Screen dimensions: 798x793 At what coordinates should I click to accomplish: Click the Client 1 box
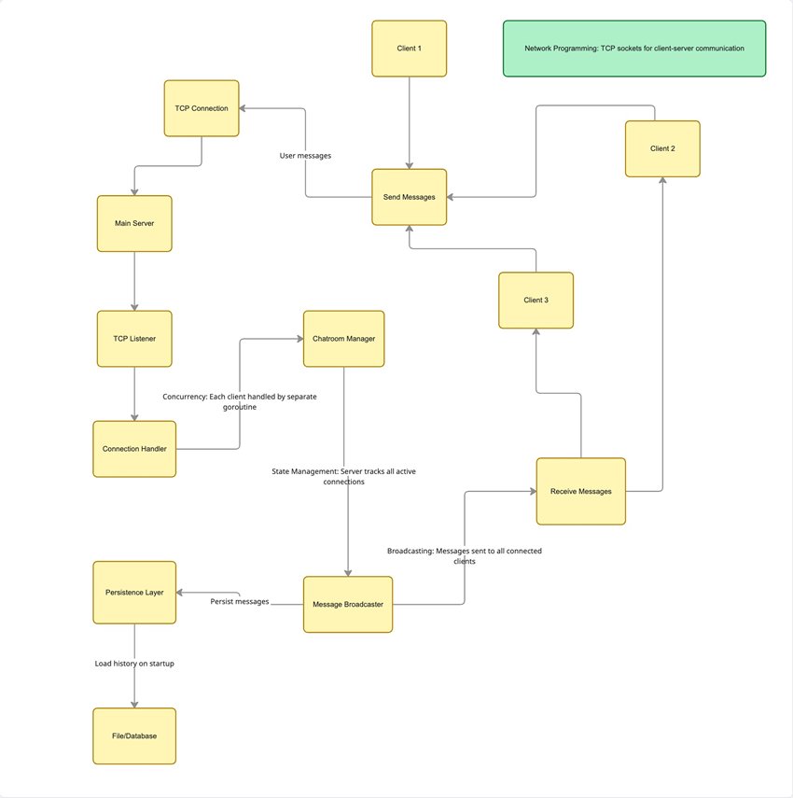[x=409, y=48]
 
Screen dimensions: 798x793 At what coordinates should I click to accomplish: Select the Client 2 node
[x=662, y=148]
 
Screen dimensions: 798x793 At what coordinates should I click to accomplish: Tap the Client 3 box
[x=536, y=300]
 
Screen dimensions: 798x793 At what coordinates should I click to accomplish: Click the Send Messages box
[x=409, y=197]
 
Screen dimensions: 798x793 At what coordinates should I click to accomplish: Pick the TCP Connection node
[x=202, y=108]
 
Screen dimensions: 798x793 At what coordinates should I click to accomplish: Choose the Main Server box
[x=134, y=223]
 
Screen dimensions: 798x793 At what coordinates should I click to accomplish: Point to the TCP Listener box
[x=134, y=338]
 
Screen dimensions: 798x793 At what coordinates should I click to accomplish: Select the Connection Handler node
[x=134, y=449]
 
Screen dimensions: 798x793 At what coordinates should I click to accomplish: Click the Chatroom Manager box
[x=343, y=339]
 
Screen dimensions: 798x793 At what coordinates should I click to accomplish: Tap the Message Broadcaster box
[x=348, y=605]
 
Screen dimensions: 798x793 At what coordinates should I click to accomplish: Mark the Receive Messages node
[x=580, y=491]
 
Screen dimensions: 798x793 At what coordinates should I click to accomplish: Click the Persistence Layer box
[x=134, y=593]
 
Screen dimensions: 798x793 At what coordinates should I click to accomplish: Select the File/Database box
[x=134, y=735]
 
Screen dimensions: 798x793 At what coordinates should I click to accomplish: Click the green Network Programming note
[x=634, y=49]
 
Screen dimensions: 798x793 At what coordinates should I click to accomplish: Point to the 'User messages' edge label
[x=305, y=155]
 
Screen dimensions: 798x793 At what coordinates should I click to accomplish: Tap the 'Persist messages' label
[x=240, y=602]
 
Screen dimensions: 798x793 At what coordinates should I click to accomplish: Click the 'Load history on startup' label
[x=134, y=664]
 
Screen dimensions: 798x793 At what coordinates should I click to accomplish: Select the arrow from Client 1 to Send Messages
[x=409, y=121]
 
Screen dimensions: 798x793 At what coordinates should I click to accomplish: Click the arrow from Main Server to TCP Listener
[x=134, y=280]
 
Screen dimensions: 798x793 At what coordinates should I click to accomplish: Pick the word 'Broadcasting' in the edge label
[x=410, y=552]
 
